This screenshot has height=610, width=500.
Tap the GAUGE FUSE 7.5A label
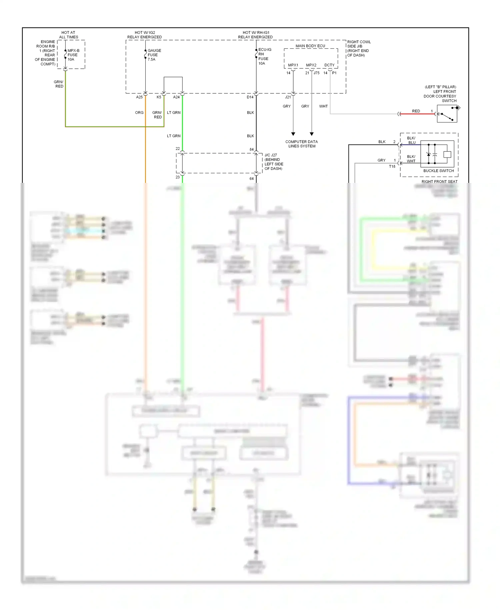(x=154, y=55)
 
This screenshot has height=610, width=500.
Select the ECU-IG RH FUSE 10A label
(x=265, y=56)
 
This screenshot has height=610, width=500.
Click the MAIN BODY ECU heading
(x=310, y=46)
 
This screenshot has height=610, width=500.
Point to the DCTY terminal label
(x=329, y=65)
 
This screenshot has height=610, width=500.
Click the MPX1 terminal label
(x=293, y=65)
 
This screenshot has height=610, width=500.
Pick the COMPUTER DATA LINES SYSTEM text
(x=302, y=144)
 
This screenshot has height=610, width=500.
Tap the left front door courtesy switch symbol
(x=447, y=114)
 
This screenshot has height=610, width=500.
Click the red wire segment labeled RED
(x=417, y=114)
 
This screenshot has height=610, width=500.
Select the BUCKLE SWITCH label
(x=438, y=171)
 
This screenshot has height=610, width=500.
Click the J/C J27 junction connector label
(x=273, y=162)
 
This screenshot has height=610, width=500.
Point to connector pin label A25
(x=139, y=97)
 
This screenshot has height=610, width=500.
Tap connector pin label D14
(x=250, y=97)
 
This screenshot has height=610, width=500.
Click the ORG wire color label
(x=139, y=112)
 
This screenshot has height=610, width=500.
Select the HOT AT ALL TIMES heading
(x=68, y=35)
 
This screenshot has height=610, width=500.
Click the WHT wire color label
(x=323, y=106)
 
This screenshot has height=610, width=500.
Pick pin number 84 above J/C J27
(x=252, y=149)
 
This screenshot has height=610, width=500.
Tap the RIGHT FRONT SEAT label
(x=439, y=182)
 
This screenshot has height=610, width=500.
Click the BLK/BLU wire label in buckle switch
(x=411, y=140)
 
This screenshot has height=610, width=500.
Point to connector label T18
(x=392, y=166)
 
